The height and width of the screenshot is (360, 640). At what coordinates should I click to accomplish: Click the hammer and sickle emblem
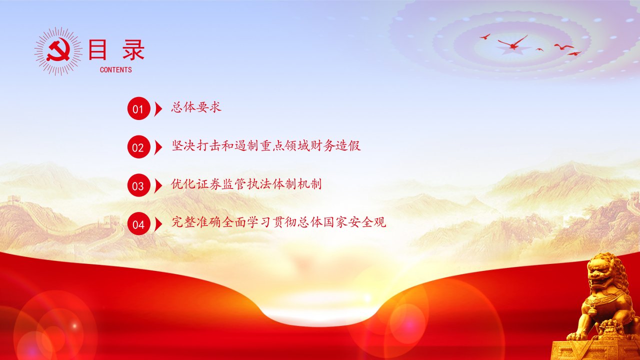pos(58,50)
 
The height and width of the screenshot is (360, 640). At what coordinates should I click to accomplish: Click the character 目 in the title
pos(98,49)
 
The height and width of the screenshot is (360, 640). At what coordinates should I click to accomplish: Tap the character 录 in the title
pos(133,49)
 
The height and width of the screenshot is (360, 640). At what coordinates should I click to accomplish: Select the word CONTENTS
pos(115,69)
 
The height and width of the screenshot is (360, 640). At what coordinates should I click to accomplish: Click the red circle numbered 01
pos(139,108)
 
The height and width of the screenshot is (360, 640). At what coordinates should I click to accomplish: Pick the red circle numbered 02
pos(139,147)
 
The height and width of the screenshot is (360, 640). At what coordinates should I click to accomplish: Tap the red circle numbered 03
pos(139,185)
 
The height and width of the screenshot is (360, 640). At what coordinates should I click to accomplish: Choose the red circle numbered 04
pos(139,224)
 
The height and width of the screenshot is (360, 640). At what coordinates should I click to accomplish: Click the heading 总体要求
pos(196,107)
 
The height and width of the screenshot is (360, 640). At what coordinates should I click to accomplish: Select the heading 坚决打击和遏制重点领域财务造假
pos(266,145)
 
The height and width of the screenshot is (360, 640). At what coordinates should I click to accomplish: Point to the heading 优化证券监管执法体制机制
pos(246,184)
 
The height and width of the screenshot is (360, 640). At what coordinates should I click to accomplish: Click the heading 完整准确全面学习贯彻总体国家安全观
pos(279,222)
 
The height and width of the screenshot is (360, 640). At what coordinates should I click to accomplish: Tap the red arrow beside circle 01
pos(158,108)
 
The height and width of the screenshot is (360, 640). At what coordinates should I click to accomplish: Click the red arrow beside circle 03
pos(158,185)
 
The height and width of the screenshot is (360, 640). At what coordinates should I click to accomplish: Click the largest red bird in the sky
pos(513,42)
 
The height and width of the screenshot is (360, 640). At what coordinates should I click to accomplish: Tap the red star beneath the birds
pos(513,50)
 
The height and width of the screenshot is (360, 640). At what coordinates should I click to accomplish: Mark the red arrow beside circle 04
pos(158,224)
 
